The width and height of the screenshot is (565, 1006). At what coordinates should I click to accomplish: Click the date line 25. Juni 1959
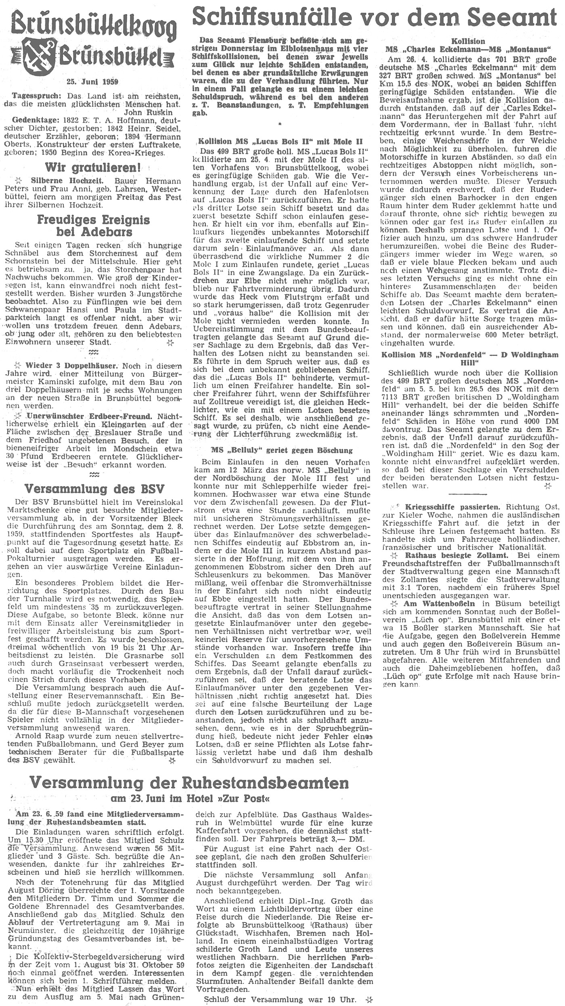tap(92, 82)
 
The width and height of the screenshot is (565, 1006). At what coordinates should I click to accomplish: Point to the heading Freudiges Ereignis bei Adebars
tap(93, 226)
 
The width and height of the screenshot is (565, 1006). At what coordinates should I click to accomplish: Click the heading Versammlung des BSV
tap(94, 489)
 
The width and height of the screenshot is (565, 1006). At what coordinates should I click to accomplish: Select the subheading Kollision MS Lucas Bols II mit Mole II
tap(280, 142)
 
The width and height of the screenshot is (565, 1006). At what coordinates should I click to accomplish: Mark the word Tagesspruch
tap(33, 96)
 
